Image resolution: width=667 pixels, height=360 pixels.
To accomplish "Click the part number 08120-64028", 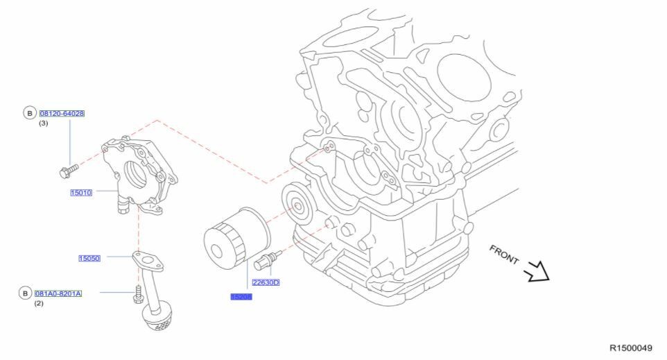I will pos(62,113).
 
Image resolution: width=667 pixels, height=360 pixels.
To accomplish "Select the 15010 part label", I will pos(81,192).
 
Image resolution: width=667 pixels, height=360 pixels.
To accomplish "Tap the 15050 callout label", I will pos(89,258).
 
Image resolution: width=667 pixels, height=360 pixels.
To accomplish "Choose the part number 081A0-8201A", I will pos(58,293).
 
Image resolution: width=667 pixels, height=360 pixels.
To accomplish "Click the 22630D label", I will pos(266,282).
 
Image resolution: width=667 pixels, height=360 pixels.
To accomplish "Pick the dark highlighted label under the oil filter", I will pos(241,296).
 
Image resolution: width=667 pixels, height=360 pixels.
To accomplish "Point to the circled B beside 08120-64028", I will pos(29,113).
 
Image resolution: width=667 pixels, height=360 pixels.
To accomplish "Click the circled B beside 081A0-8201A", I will pos(25,293).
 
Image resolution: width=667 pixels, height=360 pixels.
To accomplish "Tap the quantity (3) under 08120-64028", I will pos(43,123).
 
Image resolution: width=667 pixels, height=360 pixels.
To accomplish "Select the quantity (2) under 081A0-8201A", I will pos(39,304).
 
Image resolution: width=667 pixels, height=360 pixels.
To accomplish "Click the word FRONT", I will pos(504,255).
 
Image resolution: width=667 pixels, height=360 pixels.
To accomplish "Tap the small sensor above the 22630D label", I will pos(268,260).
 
